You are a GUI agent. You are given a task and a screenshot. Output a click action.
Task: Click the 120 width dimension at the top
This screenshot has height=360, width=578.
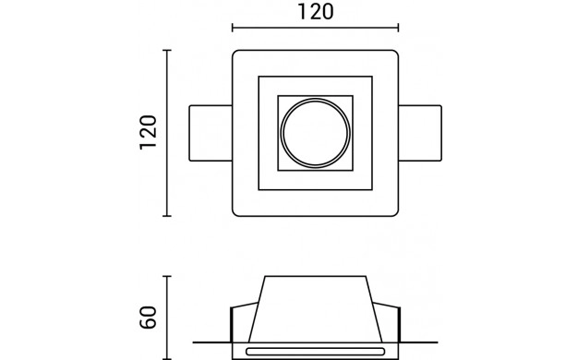316,12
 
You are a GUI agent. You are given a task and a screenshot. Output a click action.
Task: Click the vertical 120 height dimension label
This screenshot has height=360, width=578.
148,133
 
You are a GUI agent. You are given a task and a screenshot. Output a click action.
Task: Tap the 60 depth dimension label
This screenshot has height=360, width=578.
148,318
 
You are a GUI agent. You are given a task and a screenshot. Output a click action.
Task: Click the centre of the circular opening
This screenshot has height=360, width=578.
316,133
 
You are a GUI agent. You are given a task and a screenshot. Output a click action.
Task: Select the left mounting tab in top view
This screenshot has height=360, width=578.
211,133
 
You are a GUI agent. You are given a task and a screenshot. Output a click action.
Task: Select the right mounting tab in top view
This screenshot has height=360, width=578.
420,133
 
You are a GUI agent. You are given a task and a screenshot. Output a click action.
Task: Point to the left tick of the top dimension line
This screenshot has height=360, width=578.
233,28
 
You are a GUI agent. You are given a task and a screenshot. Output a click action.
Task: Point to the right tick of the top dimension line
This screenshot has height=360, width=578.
399,28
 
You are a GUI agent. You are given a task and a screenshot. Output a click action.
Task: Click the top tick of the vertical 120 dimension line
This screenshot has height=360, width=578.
167,50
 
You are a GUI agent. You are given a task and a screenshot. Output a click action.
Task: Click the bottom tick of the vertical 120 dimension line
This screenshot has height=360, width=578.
167,216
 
